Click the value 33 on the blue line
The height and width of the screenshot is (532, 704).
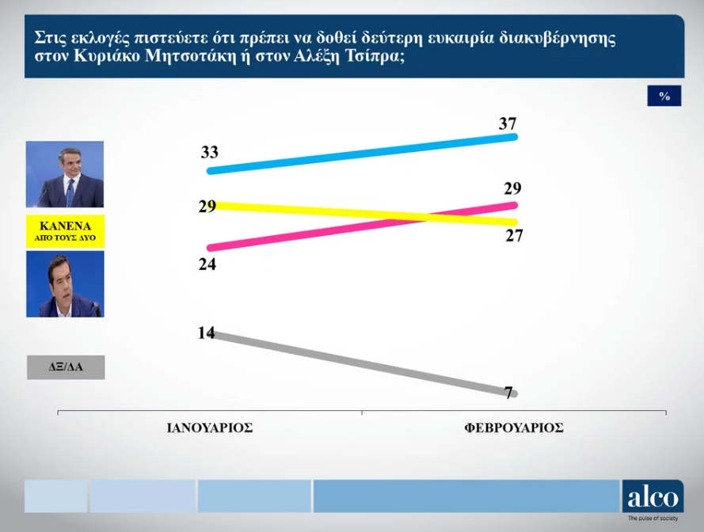coord(209,153)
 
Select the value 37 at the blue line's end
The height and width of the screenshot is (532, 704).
coord(508,123)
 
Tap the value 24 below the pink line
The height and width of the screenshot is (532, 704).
coord(207,264)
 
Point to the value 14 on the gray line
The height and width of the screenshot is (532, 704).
coord(206,332)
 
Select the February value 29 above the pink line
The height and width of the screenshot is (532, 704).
coord(512,188)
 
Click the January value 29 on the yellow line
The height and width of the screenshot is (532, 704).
coord(207,207)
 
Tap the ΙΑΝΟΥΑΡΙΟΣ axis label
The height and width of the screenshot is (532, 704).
coord(210,427)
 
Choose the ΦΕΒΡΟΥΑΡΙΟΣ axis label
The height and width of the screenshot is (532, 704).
coord(514,427)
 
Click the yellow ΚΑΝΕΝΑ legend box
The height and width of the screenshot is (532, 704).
coord(65,230)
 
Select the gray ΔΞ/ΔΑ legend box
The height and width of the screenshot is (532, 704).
coord(65,367)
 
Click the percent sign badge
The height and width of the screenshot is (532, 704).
coord(664,96)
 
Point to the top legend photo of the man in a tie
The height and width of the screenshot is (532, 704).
coord(65,174)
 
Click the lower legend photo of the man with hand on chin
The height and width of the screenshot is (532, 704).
coord(65,284)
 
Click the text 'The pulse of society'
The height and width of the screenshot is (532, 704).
coord(653,519)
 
